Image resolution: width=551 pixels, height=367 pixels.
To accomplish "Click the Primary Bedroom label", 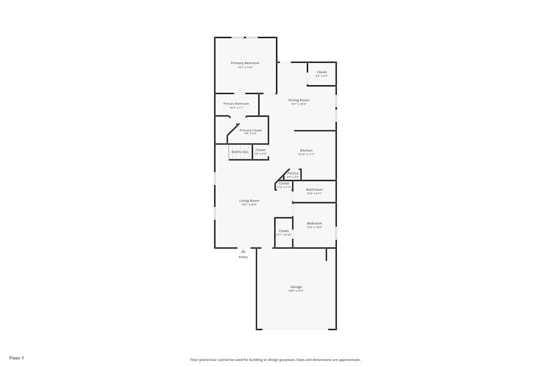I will tap(245, 63).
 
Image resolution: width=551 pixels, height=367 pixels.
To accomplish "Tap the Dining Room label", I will tap(299, 100).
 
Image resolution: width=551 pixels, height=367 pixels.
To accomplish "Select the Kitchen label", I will tap(306, 150).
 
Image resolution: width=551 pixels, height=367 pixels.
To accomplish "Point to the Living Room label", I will tap(249, 201).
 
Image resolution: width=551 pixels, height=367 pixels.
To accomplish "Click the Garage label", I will tap(296, 287).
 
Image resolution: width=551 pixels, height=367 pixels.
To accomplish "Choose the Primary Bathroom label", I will tap(236, 104).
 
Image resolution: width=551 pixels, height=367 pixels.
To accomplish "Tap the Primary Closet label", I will tap(251, 130).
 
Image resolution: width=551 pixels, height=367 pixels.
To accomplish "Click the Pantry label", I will tap(293, 173).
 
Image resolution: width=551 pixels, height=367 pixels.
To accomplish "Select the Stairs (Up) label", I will tap(240, 151).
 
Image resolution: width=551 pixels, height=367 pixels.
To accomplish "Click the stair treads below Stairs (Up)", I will tap(240, 156).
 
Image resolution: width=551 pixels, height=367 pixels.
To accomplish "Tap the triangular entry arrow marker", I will tap(243, 251).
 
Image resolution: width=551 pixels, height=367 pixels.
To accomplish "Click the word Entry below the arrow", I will tap(243, 257).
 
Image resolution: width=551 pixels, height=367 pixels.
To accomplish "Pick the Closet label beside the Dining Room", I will tap(321, 72).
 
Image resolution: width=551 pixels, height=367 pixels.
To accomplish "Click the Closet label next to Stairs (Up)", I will tap(260, 150).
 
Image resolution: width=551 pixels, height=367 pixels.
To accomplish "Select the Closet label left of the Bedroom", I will tap(284, 231).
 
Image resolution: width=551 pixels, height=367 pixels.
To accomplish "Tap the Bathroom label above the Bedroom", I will tap(314, 190).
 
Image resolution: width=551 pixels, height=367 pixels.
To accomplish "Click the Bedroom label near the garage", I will tap(314, 223).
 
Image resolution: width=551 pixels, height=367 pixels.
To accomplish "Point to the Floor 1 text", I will tap(17, 358).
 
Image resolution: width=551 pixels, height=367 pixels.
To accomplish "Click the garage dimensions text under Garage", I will tap(296, 291).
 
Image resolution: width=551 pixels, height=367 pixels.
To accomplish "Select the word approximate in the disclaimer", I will tap(349, 360).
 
